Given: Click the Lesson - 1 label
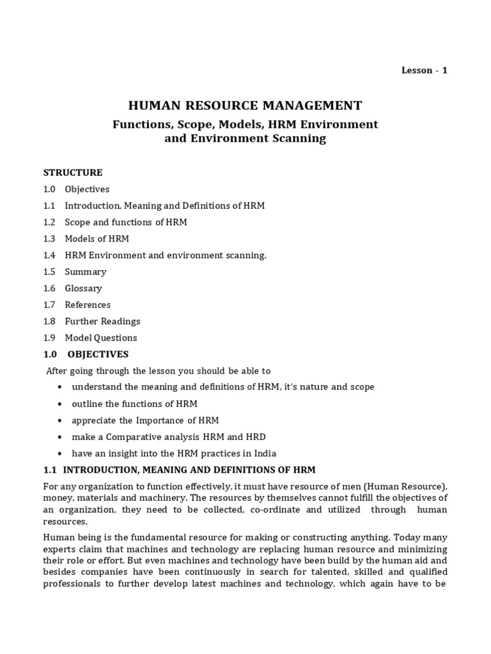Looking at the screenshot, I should [424, 70].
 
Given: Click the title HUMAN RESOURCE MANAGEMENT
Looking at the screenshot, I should [245, 105].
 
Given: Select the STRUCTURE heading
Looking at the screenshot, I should [72, 172].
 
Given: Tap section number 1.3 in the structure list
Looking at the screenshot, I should [49, 239].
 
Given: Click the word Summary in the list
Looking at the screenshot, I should [85, 272].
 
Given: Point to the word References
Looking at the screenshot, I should [88, 305].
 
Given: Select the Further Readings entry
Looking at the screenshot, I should [102, 321].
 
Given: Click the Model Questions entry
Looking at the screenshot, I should [100, 338].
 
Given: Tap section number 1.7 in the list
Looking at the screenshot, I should [49, 305].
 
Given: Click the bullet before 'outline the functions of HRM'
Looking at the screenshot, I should [59, 404].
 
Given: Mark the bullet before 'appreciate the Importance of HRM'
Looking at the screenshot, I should [59, 421].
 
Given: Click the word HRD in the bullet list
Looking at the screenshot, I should [256, 437].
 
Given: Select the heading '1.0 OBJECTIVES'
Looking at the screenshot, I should [86, 354].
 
